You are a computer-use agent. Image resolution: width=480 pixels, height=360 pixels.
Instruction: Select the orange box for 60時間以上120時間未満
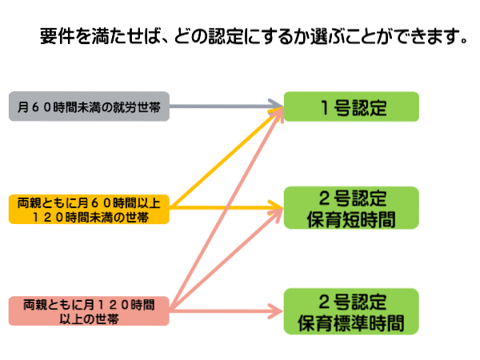(90, 209)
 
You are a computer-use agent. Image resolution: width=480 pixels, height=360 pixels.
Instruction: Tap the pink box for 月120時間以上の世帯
(90, 311)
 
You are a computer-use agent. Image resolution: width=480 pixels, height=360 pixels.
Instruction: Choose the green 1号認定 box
(351, 107)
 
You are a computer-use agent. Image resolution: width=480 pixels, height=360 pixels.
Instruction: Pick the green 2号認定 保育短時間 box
(351, 209)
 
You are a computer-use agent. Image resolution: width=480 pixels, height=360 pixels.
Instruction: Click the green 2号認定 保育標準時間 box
(351, 311)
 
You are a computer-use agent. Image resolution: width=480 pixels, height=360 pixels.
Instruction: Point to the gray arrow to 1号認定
(224, 105)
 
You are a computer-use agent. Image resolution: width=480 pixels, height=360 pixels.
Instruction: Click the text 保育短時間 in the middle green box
(351, 219)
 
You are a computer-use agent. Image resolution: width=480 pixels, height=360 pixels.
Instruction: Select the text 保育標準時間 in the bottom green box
(351, 322)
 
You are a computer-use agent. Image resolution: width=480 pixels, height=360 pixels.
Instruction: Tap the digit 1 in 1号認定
(322, 107)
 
